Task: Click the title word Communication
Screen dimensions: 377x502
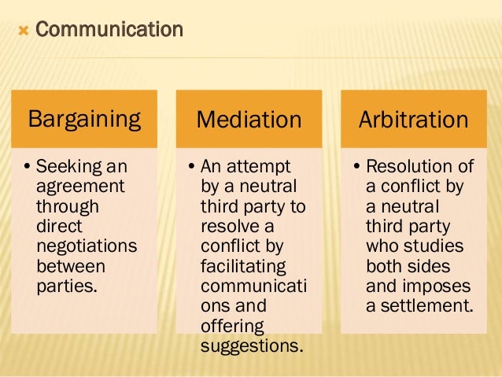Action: [109, 31]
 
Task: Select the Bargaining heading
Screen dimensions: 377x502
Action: [84, 120]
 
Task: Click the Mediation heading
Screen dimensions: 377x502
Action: [249, 120]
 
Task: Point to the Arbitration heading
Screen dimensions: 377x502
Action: [413, 120]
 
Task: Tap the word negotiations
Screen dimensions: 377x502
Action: [87, 246]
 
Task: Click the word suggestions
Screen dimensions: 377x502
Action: [252, 344]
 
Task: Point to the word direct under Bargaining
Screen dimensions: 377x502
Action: [58, 226]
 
